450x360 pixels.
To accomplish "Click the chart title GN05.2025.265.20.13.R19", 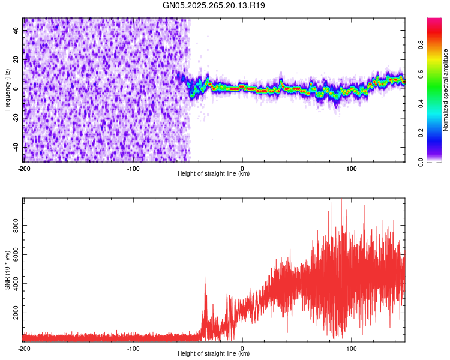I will pos(214,5).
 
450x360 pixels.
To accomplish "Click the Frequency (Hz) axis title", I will pos(7,90).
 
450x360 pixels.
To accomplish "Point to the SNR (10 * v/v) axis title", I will pos(7,270).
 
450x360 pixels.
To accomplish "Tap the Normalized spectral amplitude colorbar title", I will pos(446,90).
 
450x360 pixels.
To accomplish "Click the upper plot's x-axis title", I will pos(214,174).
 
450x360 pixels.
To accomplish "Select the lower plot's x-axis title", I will pos(214,354).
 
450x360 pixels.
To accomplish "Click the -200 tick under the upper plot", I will pos(24,168).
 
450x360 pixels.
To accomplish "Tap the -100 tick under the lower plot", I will pos(133,348).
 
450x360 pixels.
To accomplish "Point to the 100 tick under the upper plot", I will pos(352,168).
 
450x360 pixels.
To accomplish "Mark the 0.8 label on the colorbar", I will pos(422,44).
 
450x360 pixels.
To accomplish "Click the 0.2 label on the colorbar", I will pos(422,133).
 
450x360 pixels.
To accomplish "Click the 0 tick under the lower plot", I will pos(242,348).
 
